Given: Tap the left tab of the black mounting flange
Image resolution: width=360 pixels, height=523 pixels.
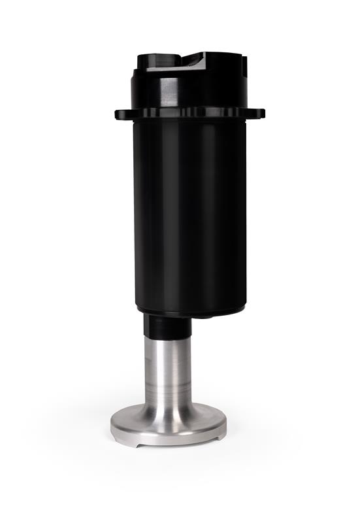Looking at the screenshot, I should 122,115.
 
